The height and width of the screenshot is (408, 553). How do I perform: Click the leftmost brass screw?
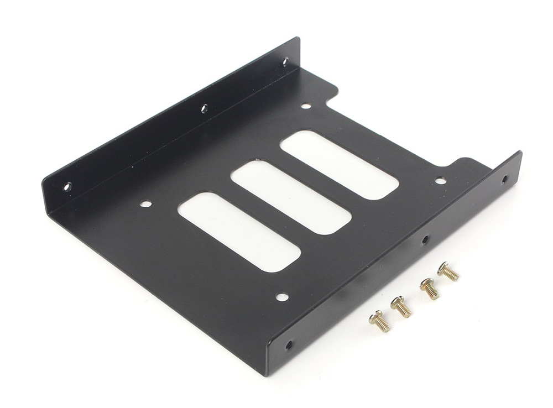[380, 321]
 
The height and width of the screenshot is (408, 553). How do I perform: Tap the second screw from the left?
[401, 307]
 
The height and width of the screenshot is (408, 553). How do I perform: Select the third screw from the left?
[429, 289]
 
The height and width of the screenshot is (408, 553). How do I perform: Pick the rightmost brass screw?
[448, 271]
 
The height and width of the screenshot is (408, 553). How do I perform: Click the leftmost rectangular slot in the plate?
[239, 232]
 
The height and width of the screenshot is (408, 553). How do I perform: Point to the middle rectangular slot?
[290, 197]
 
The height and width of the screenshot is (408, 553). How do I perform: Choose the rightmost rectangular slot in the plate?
[338, 165]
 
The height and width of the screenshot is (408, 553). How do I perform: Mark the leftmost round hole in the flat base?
[145, 203]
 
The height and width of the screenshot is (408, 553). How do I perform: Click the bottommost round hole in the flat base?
[282, 297]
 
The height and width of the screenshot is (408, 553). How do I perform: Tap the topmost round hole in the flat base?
[306, 106]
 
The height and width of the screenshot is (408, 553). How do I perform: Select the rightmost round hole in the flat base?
[440, 180]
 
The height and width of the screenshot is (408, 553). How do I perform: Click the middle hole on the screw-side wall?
[425, 240]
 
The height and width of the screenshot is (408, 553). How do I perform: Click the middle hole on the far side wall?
[204, 108]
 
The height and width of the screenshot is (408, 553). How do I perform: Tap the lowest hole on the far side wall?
[67, 187]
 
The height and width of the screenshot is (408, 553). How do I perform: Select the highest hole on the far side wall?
[285, 62]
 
